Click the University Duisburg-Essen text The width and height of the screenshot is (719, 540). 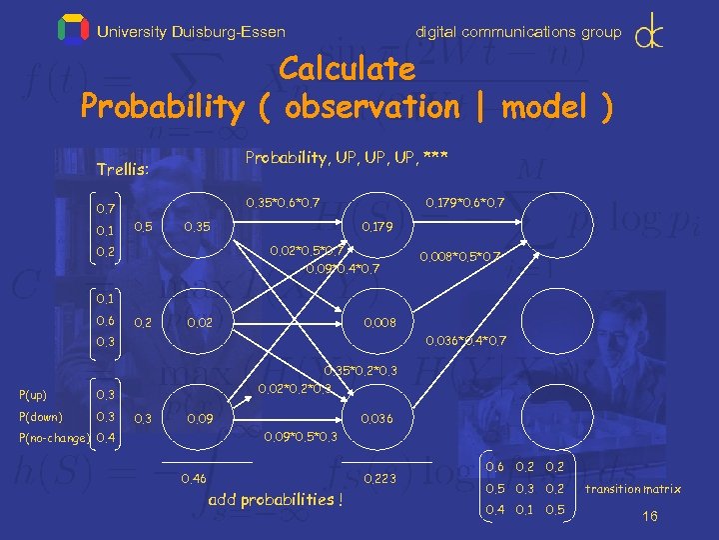tap(191, 32)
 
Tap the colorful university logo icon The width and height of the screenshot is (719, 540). tap(74, 30)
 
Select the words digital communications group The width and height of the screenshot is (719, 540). tap(517, 32)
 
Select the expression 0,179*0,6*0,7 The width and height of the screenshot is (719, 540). tap(464, 204)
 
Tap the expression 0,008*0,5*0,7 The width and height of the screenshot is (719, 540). tap(459, 256)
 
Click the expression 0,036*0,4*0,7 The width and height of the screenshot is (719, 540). tap(465, 341)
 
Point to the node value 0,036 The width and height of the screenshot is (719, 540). tap(378, 419)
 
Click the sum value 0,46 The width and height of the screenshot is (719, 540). tap(194, 480)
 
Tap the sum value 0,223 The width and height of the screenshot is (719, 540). tap(380, 480)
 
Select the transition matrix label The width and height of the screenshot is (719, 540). tap(632, 489)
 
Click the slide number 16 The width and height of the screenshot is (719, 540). tap(650, 516)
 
